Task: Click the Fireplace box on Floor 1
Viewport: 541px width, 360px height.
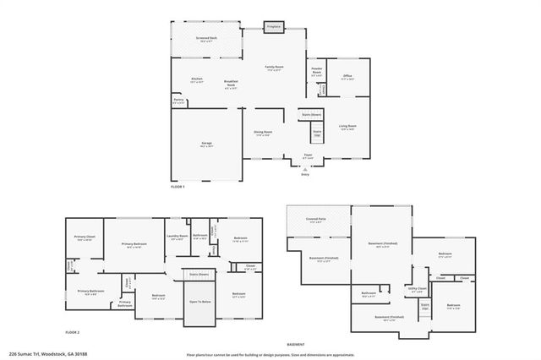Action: coord(273,27)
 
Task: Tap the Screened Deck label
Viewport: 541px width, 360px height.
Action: coord(206,39)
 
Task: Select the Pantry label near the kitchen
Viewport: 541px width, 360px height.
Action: coord(178,101)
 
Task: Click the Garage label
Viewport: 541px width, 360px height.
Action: coord(205,145)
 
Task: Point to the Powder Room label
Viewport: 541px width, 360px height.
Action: coord(316,71)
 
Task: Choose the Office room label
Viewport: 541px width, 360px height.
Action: coord(347,76)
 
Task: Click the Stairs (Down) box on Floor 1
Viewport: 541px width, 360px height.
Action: coord(311,113)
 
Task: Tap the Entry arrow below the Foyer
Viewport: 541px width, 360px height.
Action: coord(305,170)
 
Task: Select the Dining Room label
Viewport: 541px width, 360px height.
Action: coord(263,133)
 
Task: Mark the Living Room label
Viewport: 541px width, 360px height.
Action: coord(347,126)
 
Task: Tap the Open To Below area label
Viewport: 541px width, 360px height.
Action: coord(199,301)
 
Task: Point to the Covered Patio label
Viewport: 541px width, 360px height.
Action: coord(315,222)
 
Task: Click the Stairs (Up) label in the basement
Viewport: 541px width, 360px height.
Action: coord(424,305)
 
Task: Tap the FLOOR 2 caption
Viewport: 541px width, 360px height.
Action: coord(74,333)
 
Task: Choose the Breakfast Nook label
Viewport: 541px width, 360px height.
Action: coord(230,83)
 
